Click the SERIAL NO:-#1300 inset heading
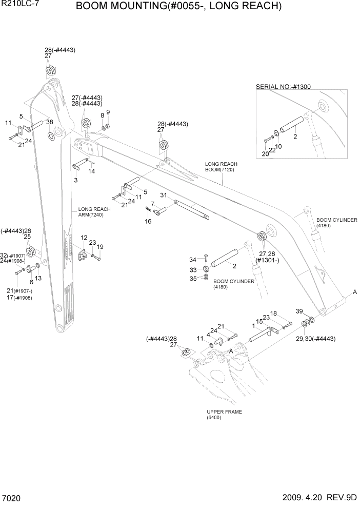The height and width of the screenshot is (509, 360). pyautogui.click(x=283, y=87)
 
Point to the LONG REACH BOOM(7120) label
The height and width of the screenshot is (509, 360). pyautogui.click(x=221, y=167)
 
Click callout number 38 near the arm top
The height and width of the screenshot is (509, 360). pyautogui.click(x=50, y=122)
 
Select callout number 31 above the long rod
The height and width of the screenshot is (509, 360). pyautogui.click(x=164, y=195)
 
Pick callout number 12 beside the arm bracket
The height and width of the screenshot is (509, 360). pyautogui.click(x=84, y=238)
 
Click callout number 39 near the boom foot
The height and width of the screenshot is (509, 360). pyautogui.click(x=300, y=311)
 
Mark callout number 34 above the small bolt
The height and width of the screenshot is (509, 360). pyautogui.click(x=193, y=259)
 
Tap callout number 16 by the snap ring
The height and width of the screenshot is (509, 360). pyautogui.click(x=148, y=221)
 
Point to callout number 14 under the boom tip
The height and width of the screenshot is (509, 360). pyautogui.click(x=92, y=171)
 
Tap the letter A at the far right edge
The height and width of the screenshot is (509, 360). pyautogui.click(x=354, y=291)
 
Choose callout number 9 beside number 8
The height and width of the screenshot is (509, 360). pyautogui.click(x=108, y=112)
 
